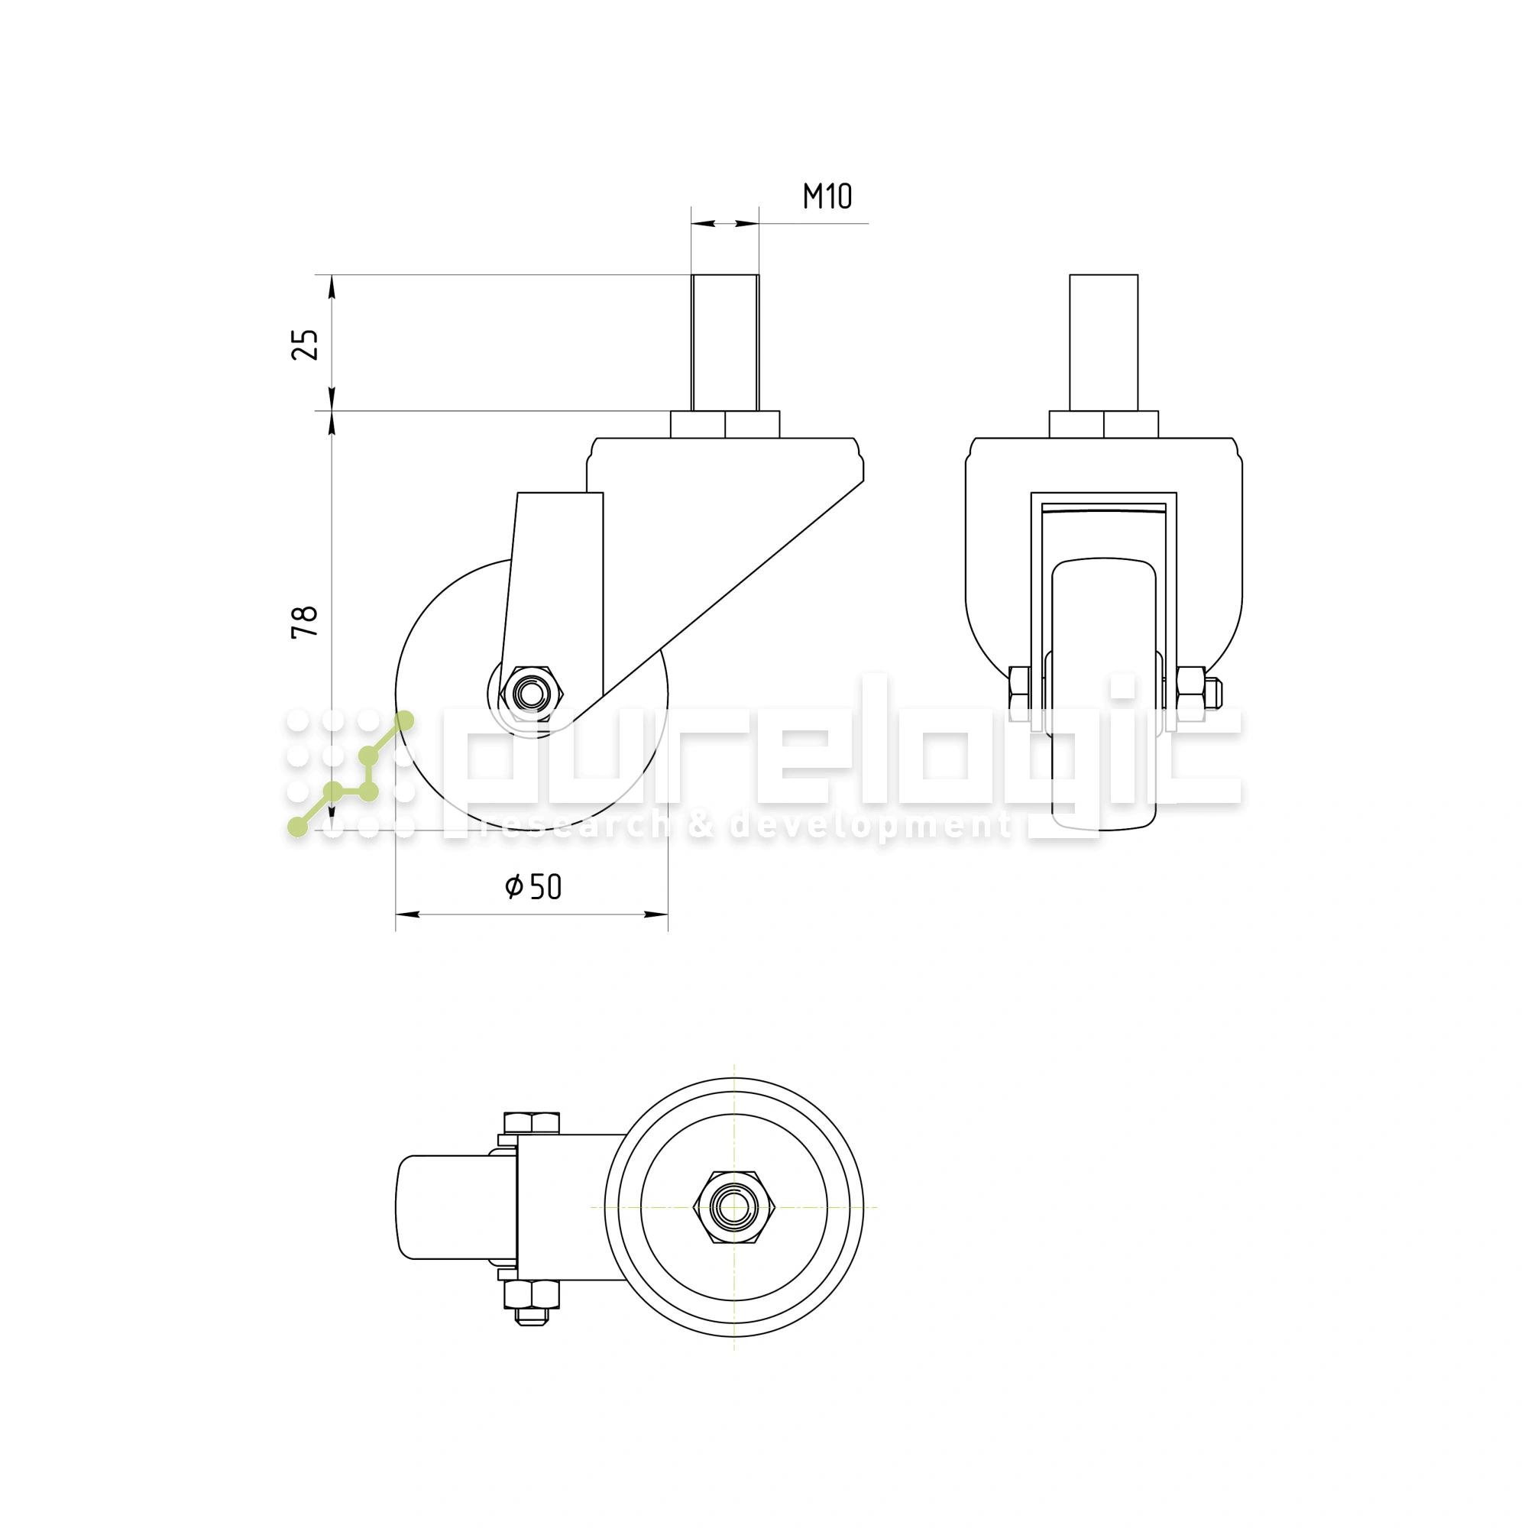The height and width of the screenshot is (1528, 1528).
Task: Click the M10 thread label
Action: [x=827, y=196]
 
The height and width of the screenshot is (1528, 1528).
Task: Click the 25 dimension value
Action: [x=306, y=344]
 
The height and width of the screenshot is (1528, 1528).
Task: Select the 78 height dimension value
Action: [x=306, y=622]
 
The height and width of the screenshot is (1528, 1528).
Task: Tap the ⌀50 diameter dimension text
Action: [x=533, y=886]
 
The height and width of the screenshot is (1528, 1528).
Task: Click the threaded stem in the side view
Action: [x=724, y=342]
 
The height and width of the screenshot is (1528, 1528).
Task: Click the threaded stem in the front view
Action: [x=1103, y=342]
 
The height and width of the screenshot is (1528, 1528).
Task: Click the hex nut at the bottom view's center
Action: [x=734, y=1207]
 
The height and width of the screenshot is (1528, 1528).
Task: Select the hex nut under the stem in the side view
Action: [x=724, y=424]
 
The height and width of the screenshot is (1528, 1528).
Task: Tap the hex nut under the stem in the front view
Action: [x=1103, y=424]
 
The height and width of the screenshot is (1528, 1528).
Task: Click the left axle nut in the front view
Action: [x=1019, y=688]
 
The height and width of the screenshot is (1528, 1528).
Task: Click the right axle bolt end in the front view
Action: [x=1215, y=694]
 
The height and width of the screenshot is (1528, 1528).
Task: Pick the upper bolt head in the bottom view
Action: [x=532, y=1123]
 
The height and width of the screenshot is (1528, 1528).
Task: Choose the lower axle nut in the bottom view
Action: [x=532, y=1296]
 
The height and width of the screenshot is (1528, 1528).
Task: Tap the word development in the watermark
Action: [x=870, y=826]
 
